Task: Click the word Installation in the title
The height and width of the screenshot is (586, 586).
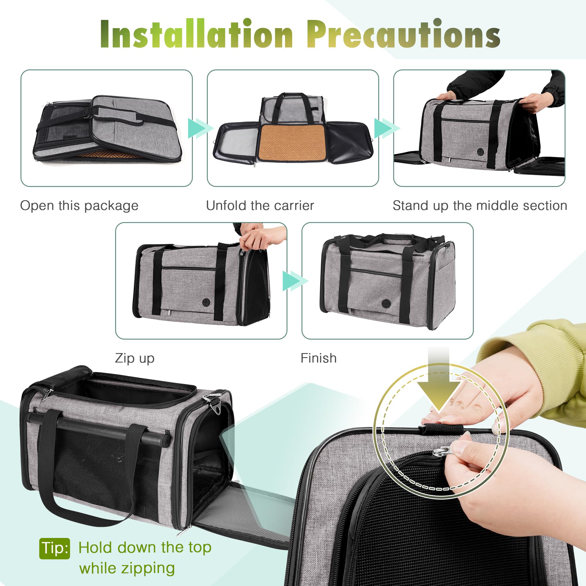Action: tap(197, 34)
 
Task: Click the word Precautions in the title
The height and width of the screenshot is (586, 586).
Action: tap(403, 34)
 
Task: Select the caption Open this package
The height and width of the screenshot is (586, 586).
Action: tap(79, 206)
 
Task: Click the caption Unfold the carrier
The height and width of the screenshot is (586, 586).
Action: tap(260, 206)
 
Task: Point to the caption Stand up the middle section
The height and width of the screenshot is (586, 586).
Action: tap(480, 206)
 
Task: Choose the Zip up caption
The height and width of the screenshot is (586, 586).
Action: tap(135, 358)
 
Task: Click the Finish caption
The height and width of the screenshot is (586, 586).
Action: tap(318, 358)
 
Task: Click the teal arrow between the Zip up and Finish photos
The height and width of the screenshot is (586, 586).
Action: tap(294, 281)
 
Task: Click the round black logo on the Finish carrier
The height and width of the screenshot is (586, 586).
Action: tap(386, 303)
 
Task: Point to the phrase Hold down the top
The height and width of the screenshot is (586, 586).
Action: tap(145, 548)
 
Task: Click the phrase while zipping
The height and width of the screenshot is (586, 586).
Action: tap(127, 568)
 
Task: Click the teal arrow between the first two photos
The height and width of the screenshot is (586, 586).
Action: tap(200, 128)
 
